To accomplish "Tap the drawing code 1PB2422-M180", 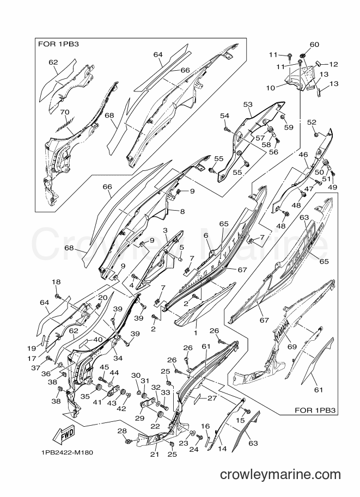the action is click(x=67, y=452).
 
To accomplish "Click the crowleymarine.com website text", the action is click(x=280, y=475).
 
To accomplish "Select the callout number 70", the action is click(x=64, y=112).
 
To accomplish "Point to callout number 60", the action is click(x=314, y=45).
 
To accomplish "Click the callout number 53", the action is click(x=248, y=104).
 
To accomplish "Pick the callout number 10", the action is click(x=270, y=88).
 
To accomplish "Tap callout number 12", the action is click(x=333, y=64).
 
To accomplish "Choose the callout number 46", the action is click(x=303, y=155).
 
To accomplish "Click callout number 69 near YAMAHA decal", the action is click(x=292, y=346).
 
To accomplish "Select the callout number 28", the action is click(x=122, y=431).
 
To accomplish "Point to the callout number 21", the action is click(x=154, y=455).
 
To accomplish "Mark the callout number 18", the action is click(x=56, y=282).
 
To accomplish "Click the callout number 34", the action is click(x=118, y=359).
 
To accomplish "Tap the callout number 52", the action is click(x=312, y=122).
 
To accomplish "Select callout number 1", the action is click(x=196, y=333).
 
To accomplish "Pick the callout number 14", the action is click(x=222, y=449).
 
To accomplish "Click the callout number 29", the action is click(x=140, y=419).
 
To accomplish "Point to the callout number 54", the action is click(x=224, y=116).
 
